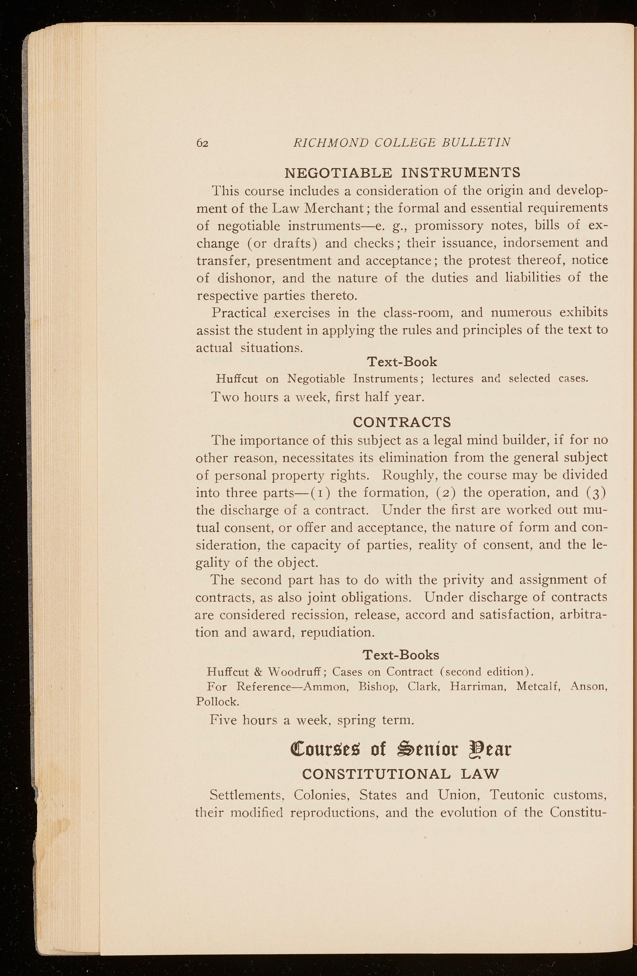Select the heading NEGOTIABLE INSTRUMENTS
point(402,172)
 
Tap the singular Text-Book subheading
point(402,362)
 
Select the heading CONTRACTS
point(402,422)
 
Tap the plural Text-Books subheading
point(401,655)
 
